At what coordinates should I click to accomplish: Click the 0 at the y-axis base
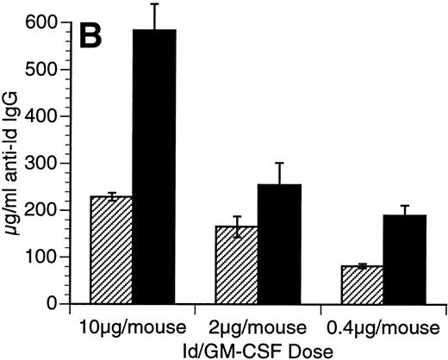click(45, 304)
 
